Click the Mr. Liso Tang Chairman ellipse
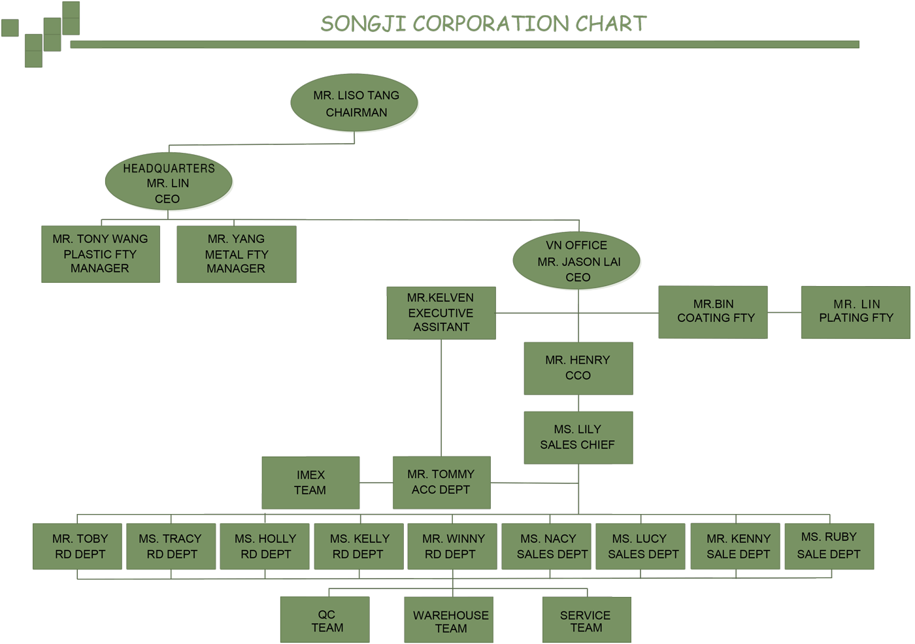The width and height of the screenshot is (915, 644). (354, 103)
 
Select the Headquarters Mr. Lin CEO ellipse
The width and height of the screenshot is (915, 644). (169, 181)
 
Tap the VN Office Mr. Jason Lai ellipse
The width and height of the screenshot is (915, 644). (576, 261)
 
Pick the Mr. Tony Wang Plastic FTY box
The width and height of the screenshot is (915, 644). (101, 254)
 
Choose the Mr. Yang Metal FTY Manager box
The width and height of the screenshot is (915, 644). (237, 254)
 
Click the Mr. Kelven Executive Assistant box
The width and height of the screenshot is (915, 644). (441, 313)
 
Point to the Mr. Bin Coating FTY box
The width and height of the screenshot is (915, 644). (713, 312)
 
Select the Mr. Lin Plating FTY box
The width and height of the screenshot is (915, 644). (856, 312)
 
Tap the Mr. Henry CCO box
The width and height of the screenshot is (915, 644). (578, 368)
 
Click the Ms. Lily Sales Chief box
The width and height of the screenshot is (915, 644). (578, 438)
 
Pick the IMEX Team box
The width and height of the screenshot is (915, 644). (310, 483)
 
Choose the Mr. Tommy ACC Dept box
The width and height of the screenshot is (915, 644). (442, 483)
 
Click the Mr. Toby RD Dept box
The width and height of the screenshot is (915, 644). (77, 546)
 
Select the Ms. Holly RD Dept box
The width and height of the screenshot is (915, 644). (265, 546)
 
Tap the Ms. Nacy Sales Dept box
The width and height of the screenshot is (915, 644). (546, 546)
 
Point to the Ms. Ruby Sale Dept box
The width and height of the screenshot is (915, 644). (829, 546)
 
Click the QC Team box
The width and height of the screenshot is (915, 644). (325, 620)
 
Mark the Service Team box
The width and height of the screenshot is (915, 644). (587, 620)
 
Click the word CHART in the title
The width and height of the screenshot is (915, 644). (611, 24)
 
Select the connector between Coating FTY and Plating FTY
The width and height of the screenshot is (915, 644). (784, 313)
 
